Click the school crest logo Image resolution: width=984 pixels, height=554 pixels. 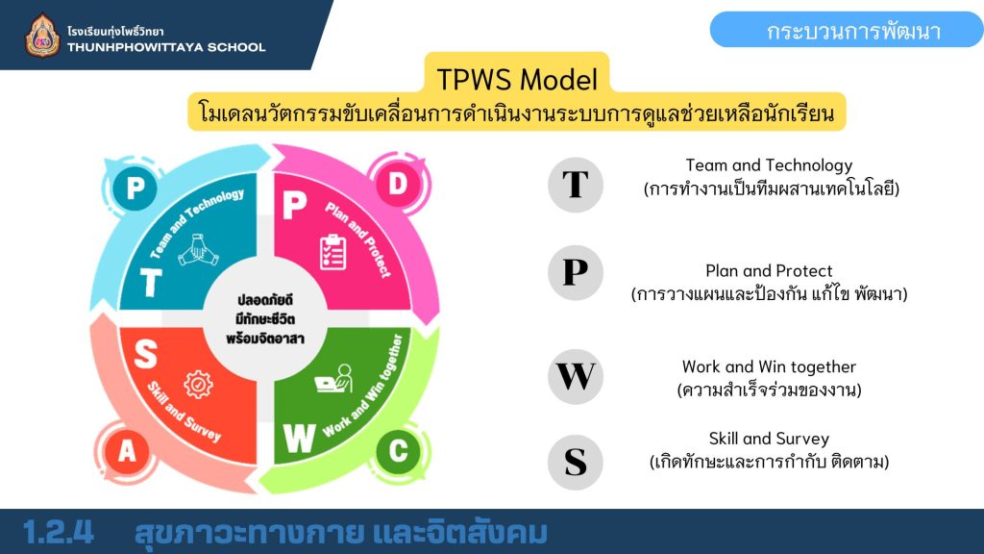42,36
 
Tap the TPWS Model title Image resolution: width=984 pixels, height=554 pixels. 516,80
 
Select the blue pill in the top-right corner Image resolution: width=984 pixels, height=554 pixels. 847,30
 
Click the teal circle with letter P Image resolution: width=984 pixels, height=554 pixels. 135,188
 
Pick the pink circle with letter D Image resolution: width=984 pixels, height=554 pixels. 397,184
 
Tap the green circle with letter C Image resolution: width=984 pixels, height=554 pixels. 398,451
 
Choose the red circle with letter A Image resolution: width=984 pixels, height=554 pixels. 128,451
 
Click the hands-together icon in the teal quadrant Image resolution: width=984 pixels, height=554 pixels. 198,249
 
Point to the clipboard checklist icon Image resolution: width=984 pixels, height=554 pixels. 332,252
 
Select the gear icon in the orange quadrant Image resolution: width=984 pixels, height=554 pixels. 198,385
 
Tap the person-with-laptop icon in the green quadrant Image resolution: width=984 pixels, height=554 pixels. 333,379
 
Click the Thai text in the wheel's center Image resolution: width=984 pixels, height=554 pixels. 265,319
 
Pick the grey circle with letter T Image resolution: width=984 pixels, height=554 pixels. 575,185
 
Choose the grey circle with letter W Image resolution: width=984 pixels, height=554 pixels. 575,377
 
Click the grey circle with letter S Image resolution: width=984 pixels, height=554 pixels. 575,463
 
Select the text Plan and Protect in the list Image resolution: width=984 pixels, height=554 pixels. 769,270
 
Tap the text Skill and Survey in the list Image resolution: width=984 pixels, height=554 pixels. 769,439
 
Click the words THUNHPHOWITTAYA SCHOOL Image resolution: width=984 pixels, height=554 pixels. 166,47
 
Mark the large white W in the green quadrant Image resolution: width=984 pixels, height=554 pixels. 300,438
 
